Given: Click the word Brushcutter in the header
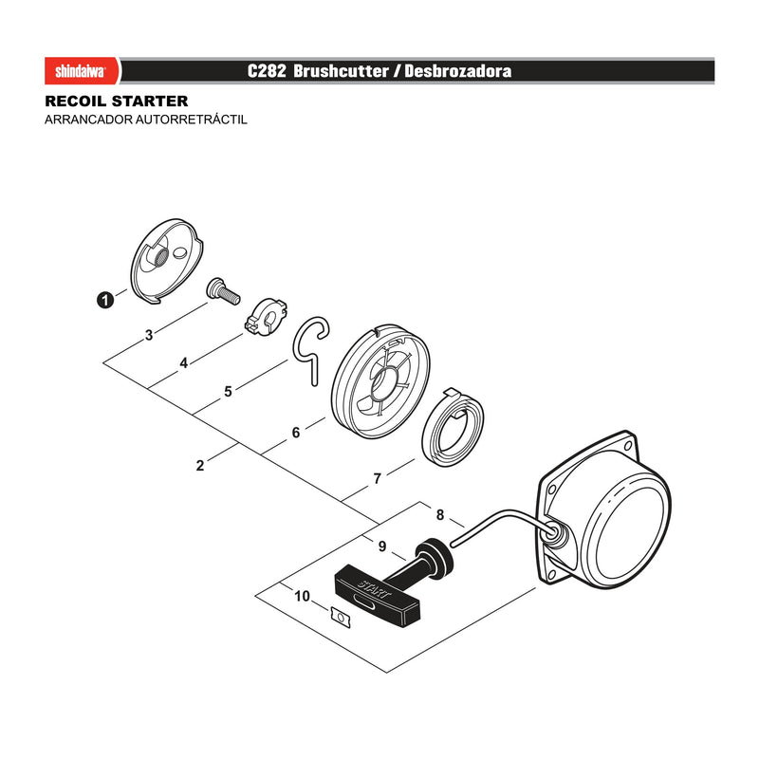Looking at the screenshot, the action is [341, 71].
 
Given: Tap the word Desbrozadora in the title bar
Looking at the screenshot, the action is [458, 71].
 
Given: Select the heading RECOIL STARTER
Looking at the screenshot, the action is [116, 102].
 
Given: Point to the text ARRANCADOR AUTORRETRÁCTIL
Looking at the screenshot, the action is [146, 120].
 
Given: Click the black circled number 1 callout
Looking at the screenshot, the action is [105, 300].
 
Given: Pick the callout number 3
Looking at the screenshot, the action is [149, 335].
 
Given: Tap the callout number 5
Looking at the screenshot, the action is [229, 391].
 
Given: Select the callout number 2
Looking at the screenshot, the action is [200, 466].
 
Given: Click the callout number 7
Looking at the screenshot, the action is [378, 479].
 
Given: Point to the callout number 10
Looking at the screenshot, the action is [302, 597].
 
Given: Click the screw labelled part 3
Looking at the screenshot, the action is [223, 290].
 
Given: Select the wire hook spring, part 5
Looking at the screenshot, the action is [311, 349].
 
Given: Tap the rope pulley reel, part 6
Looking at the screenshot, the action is [381, 382].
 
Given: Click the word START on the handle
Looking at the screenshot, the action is [374, 589].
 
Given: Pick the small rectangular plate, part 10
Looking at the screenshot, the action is [341, 618].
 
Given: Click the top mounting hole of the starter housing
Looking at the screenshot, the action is [629, 445].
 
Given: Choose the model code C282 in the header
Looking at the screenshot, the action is [267, 71].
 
